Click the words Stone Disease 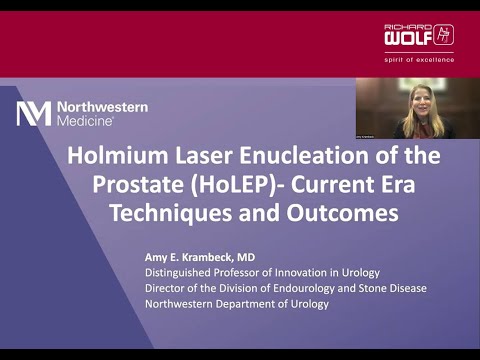[x=391, y=289]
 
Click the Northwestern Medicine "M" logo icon [x=33, y=113]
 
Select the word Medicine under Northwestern [x=85, y=120]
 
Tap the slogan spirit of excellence [x=419, y=59]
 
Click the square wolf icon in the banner [x=444, y=35]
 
